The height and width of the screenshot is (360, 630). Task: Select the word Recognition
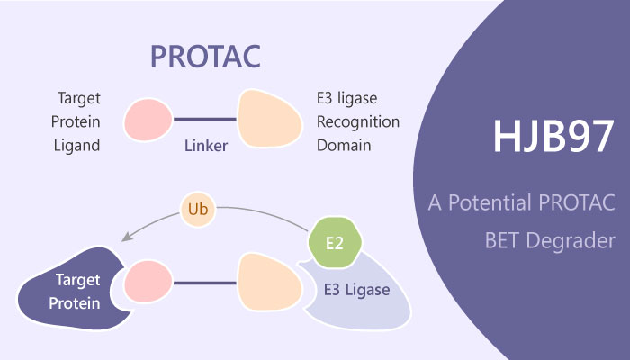click(357, 121)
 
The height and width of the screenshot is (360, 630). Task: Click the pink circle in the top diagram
click(148, 121)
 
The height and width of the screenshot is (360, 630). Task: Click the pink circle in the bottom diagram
click(148, 282)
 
